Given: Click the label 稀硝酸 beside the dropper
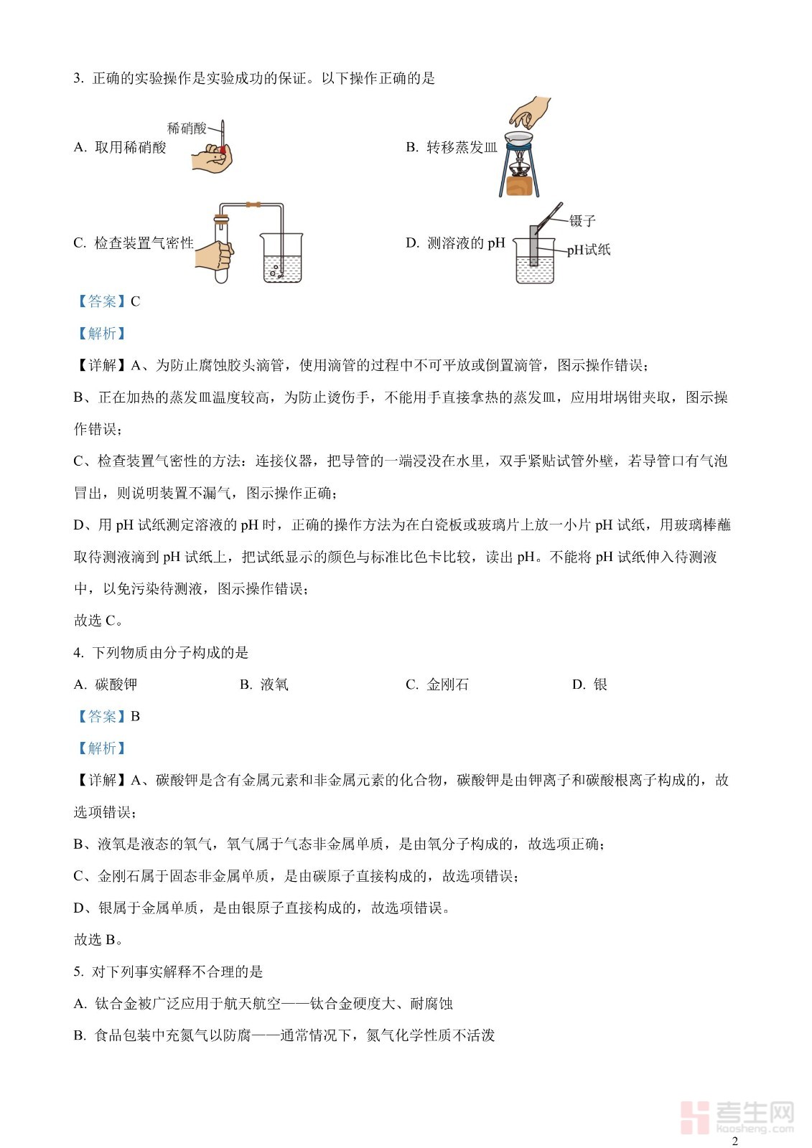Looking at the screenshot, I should coord(187,128).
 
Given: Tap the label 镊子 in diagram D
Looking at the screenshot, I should coord(582,221).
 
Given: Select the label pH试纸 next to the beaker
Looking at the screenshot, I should coord(589,250).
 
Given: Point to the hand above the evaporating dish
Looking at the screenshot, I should coord(529,113).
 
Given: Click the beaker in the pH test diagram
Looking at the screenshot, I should coord(535,264).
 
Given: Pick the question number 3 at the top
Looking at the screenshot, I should coord(78,79).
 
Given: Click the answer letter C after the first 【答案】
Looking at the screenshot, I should coord(135,302).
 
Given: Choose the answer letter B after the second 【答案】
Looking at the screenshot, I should coord(135,717).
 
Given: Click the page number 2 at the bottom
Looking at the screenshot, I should coord(734,1141).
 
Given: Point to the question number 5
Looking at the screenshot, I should coord(78,972).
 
